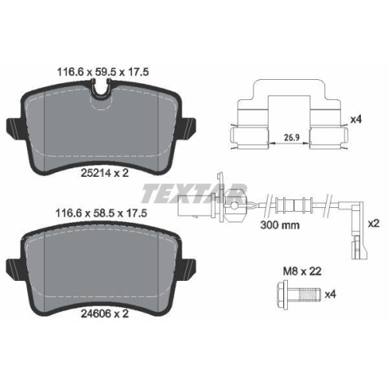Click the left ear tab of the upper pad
14,126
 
